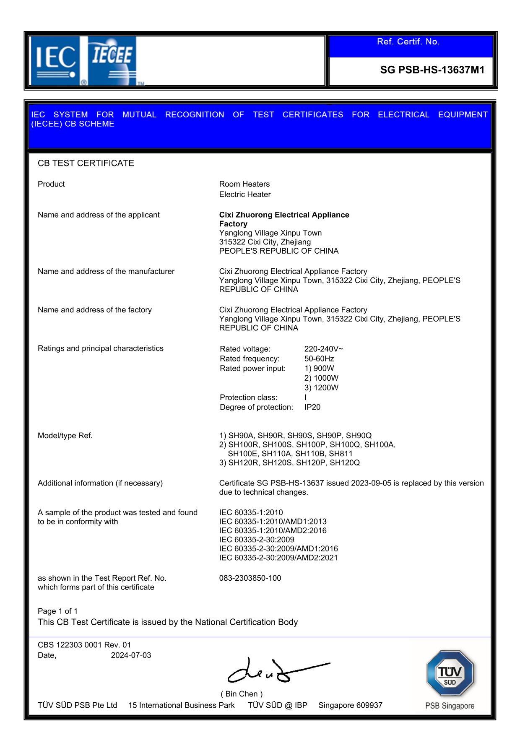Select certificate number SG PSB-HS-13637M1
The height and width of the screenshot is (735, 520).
(432, 70)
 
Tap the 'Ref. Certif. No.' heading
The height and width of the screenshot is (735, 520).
(408, 42)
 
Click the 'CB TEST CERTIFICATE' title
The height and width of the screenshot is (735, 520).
(86, 163)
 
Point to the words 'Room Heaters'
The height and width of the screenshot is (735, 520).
(244, 184)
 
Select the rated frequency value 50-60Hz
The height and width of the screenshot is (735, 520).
(319, 358)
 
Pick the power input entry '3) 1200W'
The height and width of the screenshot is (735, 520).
(321, 387)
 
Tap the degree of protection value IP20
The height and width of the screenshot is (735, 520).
(312, 407)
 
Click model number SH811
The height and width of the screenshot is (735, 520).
(341, 454)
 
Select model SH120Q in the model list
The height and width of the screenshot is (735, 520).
(345, 462)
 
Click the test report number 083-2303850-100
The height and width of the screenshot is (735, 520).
(250, 578)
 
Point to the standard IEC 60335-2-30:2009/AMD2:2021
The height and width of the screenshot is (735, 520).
(278, 558)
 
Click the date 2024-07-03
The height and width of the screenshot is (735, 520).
(131, 655)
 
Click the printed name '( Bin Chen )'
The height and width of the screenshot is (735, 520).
(242, 693)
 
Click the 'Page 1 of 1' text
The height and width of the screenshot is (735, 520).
(57, 611)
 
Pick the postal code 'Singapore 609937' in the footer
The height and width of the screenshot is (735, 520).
(350, 705)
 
